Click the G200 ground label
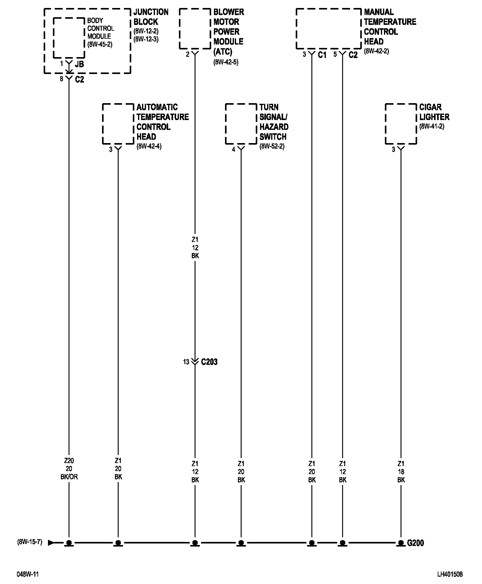[x=415, y=543]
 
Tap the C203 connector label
[x=209, y=362]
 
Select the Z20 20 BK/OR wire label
[x=69, y=469]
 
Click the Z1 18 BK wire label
[x=401, y=472]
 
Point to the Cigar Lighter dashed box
[x=401, y=124]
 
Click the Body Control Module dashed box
[x=69, y=37]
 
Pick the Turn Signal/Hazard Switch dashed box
[x=241, y=124]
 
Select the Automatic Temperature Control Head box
[x=118, y=124]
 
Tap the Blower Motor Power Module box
[x=195, y=29]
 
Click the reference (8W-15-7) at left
[x=30, y=542]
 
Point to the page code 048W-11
[x=28, y=574]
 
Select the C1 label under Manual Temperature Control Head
[x=322, y=55]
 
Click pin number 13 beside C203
[x=186, y=362]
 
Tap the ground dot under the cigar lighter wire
[x=401, y=543]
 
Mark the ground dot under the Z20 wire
[x=69, y=543]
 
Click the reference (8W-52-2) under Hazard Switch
[x=272, y=146]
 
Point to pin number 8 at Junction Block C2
[x=61, y=79]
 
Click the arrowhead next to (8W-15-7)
[x=51, y=543]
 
